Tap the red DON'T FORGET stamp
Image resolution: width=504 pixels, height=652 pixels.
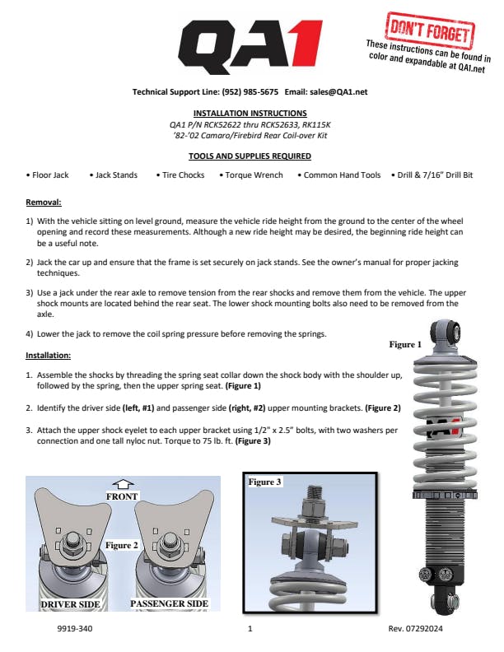(x=430, y=30)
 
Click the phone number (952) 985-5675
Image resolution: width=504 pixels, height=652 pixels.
(x=250, y=92)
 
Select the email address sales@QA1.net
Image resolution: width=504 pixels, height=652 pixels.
(x=338, y=92)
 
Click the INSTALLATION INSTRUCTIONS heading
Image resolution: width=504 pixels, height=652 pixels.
(x=250, y=113)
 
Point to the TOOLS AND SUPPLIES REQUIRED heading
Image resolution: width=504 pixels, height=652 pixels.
(x=250, y=156)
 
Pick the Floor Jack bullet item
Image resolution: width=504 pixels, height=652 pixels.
(x=48, y=175)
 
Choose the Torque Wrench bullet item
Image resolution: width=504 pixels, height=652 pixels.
(x=251, y=175)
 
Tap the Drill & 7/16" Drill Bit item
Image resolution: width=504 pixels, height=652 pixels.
(x=432, y=175)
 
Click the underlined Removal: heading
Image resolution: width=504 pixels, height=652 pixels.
(x=44, y=203)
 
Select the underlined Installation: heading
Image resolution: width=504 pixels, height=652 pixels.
(x=49, y=356)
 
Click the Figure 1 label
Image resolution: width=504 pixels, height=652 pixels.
(x=405, y=344)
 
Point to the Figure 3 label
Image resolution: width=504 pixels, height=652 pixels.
(x=264, y=482)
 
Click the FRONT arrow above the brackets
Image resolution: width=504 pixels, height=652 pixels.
(x=123, y=484)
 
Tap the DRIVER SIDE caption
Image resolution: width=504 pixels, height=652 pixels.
(x=70, y=604)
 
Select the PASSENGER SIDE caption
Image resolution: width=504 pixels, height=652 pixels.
(x=170, y=603)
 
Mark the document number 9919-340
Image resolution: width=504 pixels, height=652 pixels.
(x=75, y=629)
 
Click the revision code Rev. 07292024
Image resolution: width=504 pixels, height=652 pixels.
(x=415, y=629)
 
